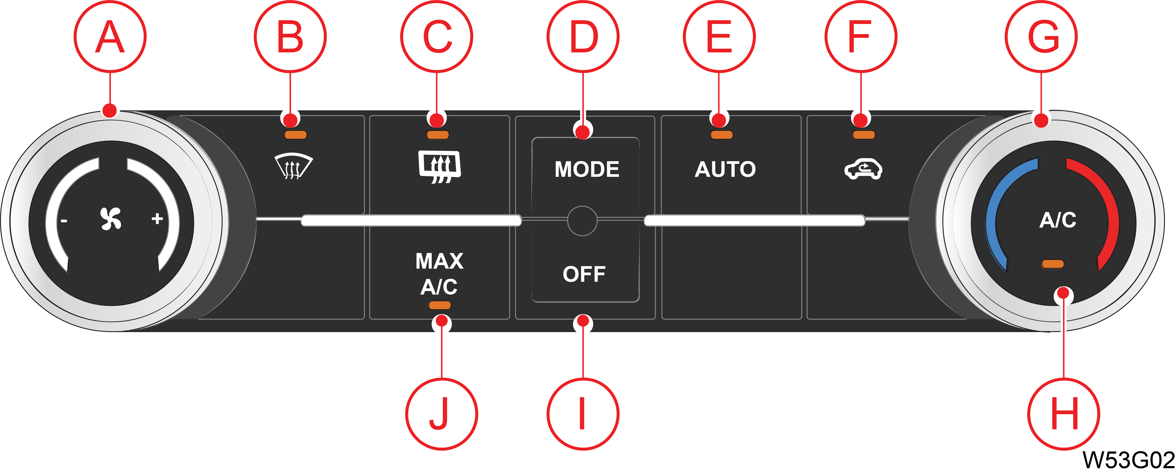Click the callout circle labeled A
tap(110, 36)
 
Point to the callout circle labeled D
tap(583, 36)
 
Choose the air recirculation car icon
tap(863, 169)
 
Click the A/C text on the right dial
tap(1057, 220)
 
